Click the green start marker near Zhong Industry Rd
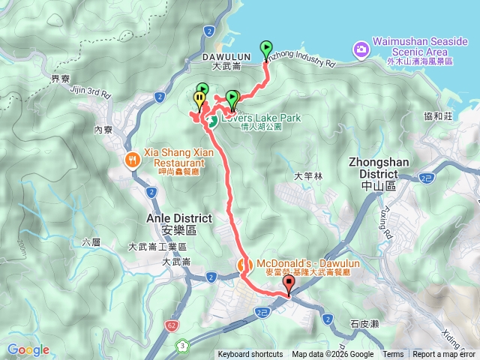(266, 49)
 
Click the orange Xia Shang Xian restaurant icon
(133, 158)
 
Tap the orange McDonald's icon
(244, 265)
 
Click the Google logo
(28, 349)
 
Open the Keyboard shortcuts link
(250, 355)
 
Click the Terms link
(393, 355)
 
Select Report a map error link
(444, 355)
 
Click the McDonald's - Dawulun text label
(303, 264)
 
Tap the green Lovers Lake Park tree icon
(212, 120)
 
